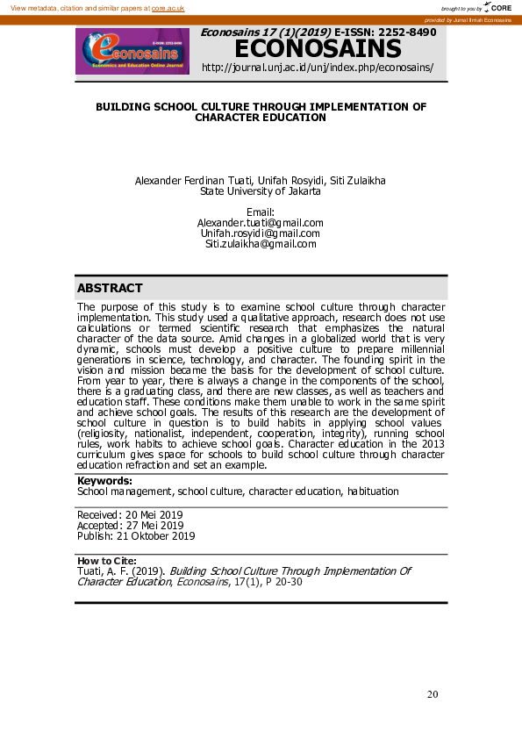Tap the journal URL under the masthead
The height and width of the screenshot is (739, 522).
(x=318, y=68)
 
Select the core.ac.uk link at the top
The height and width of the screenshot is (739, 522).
(x=168, y=7)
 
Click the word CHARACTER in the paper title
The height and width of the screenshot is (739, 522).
(x=231, y=117)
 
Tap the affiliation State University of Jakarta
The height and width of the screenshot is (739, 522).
(x=261, y=190)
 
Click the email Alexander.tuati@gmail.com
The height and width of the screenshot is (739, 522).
(x=261, y=223)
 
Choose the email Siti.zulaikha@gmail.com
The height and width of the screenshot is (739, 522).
(x=261, y=244)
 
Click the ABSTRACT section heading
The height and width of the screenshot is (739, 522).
(x=110, y=288)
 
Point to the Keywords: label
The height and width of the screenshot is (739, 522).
(x=104, y=481)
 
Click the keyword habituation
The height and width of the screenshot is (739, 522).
(x=373, y=491)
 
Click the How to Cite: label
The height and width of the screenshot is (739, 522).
(x=107, y=560)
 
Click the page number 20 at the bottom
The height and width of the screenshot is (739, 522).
(x=433, y=694)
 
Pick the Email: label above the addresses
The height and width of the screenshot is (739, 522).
(x=261, y=212)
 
